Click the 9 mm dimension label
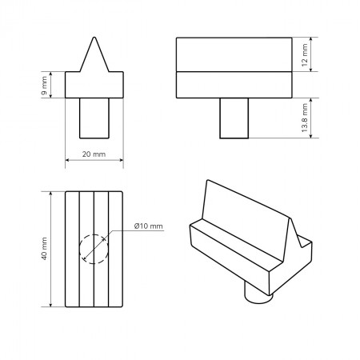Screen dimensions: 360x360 [x=44, y=86]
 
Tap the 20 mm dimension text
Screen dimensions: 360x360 [x=94, y=154]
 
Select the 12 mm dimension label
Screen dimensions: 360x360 [x=305, y=54]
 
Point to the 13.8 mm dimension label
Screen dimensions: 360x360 [x=305, y=118]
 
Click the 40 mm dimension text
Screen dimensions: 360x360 [x=44, y=249]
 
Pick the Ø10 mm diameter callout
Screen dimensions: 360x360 [x=149, y=226]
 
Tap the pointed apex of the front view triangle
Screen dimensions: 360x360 [x=94, y=38]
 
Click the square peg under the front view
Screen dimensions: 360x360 [x=94, y=118]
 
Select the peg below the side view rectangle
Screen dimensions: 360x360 [x=234, y=118]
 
